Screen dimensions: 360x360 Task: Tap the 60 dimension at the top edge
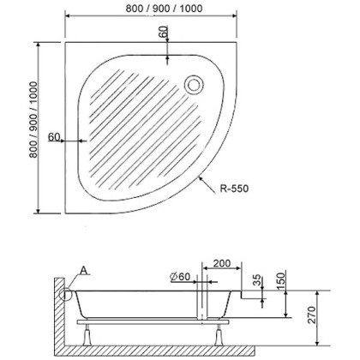pyautogui.click(x=165, y=33)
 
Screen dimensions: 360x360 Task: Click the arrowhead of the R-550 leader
pyautogui.click(x=200, y=177)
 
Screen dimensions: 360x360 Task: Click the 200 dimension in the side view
pyautogui.click(x=221, y=261)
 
